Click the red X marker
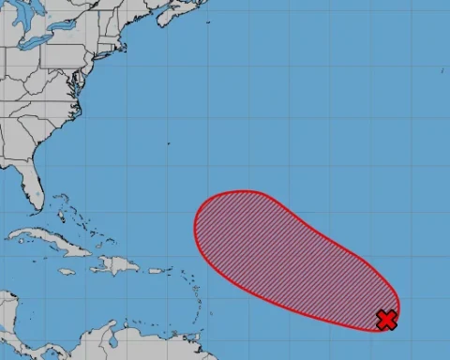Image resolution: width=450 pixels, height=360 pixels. pos(386,321)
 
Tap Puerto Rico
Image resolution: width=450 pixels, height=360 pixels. pos(150,269)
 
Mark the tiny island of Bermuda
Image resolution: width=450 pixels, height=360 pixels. pos(169,143)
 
